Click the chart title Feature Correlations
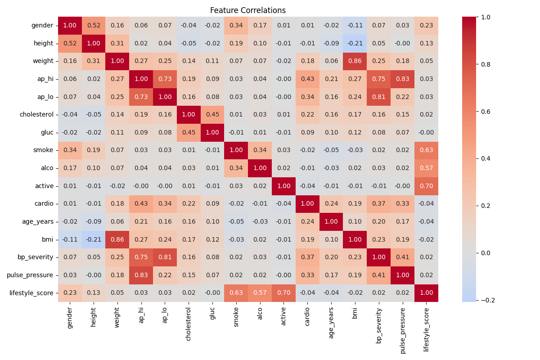pos(247,10)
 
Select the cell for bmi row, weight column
pos(117,239)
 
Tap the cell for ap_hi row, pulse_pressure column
pos(403,79)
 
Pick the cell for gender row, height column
pos(94,26)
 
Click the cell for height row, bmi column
pos(355,43)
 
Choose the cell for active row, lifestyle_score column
pos(427,186)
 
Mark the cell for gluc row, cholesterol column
pos(189,132)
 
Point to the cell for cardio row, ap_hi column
pos(141,204)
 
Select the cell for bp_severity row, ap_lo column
pos(165,257)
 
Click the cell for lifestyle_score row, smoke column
pos(236,293)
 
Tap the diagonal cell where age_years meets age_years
pos(331,221)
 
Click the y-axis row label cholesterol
pos(37,114)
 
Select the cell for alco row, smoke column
pos(236,168)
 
